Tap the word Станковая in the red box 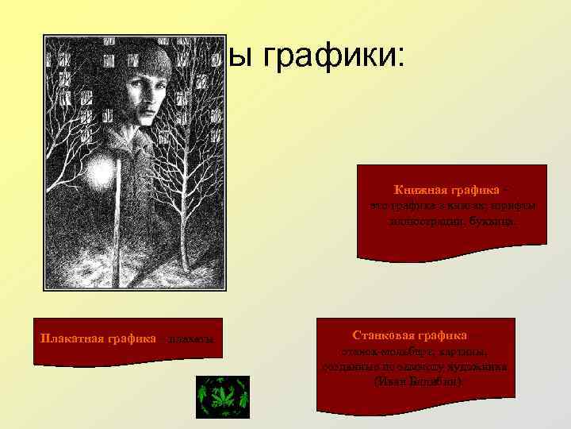(385, 336)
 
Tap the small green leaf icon (223, 396)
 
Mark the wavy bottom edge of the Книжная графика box (452, 256)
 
